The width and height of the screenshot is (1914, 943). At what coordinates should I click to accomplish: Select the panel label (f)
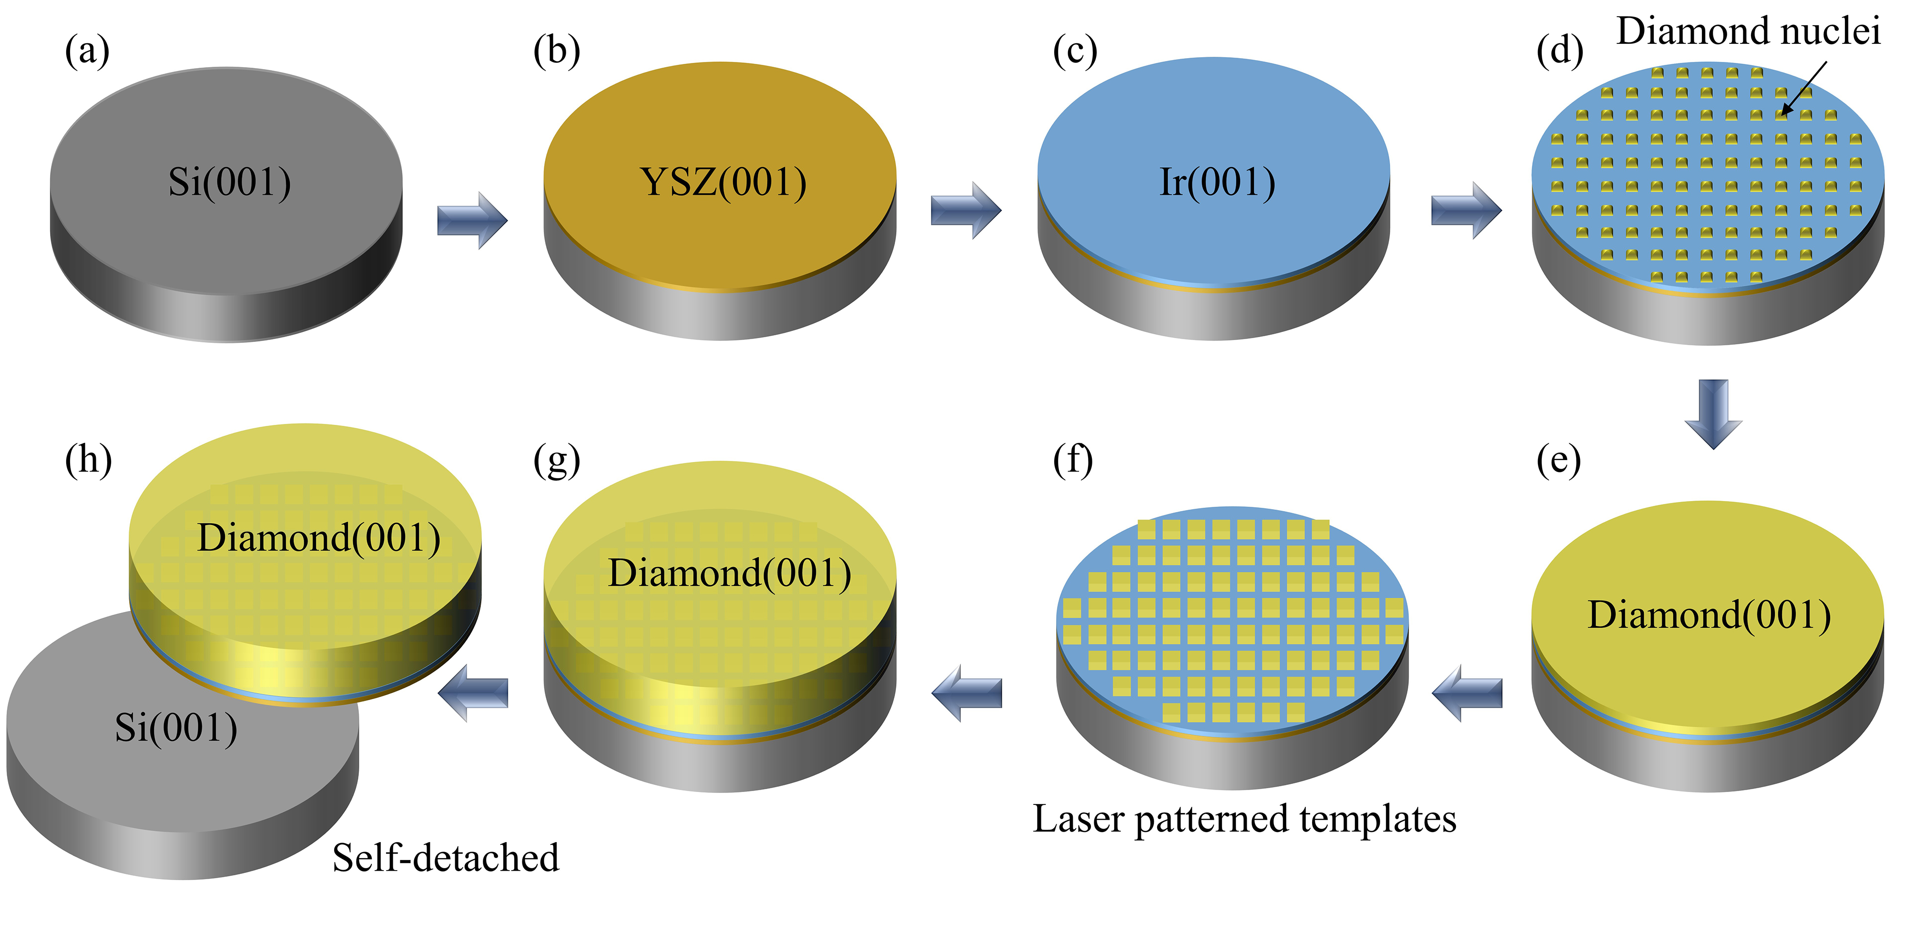pos(1073,461)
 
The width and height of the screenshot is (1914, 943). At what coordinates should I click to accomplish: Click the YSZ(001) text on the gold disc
pos(722,183)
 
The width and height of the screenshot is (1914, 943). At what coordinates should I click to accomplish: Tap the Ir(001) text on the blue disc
pos(1217,183)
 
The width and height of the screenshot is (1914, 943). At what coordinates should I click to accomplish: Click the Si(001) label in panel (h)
pos(176,728)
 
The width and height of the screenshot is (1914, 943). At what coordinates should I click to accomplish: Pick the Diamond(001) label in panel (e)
pos(1709,615)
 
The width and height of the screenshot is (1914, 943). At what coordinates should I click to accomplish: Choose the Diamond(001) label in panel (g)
pos(730,573)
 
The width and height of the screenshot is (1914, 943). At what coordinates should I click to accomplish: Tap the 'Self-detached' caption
pos(445,858)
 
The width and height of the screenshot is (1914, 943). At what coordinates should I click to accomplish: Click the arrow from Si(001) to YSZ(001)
pos(472,221)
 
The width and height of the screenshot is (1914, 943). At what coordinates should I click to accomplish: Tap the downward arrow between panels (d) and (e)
pos(1713,413)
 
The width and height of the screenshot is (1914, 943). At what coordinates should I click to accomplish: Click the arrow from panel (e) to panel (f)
pos(1466,693)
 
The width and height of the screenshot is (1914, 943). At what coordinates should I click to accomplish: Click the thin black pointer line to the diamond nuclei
pos(1804,88)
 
